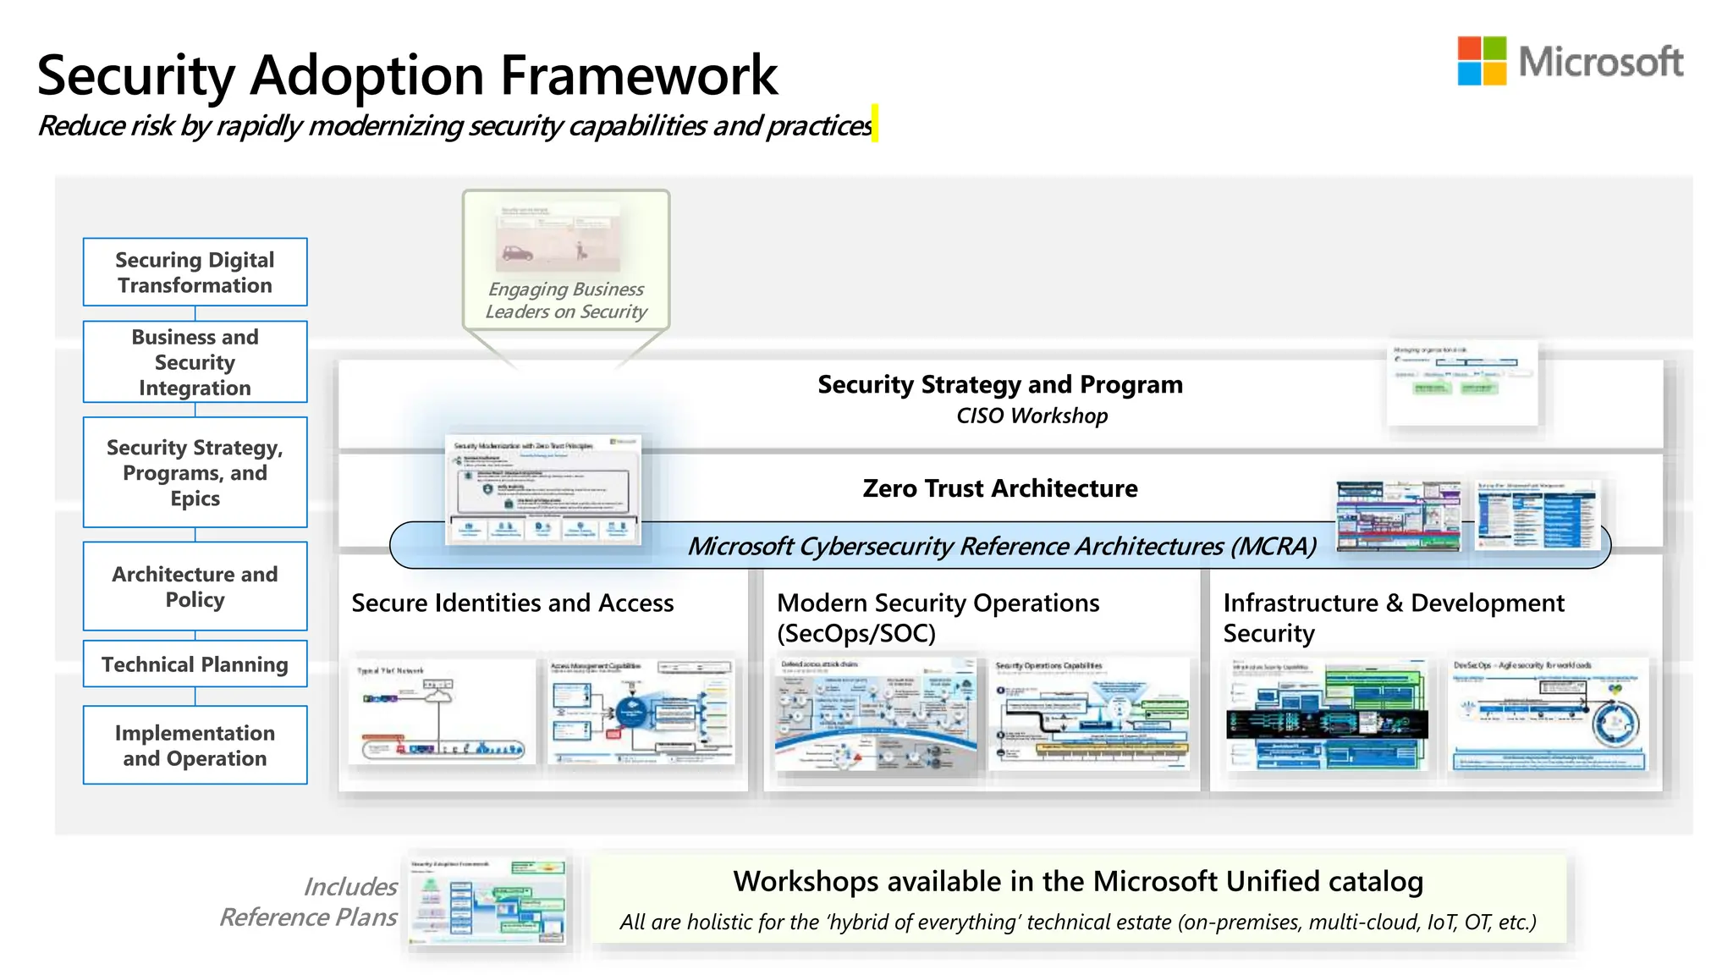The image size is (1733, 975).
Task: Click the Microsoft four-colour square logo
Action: pos(1482,61)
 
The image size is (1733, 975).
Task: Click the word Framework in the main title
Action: pos(639,75)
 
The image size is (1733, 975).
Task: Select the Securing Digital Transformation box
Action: pos(195,272)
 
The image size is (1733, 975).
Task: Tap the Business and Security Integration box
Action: pos(195,361)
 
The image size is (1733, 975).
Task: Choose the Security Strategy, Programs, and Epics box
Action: pos(195,472)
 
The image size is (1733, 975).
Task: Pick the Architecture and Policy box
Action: pos(195,586)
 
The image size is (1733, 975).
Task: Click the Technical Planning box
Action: pos(195,664)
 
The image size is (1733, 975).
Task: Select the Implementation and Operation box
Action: pos(195,745)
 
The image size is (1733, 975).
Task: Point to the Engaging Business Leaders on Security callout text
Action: pos(566,300)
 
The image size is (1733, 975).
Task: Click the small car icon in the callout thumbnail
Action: pos(517,252)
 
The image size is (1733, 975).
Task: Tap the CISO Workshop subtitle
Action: pos(1032,416)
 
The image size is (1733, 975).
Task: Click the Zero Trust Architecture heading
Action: pos(999,488)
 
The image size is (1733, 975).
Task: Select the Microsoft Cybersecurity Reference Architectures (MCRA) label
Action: pos(1001,546)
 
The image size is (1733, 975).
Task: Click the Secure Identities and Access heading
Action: pos(512,603)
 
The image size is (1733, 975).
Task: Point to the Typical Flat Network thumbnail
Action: pos(442,711)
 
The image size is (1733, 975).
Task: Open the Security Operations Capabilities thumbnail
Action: pos(1090,713)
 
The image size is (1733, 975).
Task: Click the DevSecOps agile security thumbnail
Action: pos(1548,713)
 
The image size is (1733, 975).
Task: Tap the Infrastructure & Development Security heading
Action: pos(1393,617)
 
